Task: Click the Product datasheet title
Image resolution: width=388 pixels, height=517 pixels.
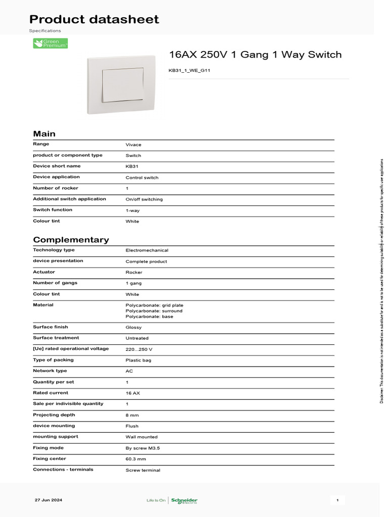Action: coord(94,20)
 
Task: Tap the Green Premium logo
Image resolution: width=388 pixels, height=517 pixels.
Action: coord(51,43)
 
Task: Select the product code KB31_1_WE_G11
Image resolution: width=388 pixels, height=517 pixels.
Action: coord(189,70)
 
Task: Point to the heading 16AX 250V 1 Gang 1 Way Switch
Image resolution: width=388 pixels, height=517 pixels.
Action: coord(255,55)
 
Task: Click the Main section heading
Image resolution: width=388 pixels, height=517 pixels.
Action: coord(44,134)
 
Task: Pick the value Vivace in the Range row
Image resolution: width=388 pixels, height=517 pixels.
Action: coord(133,145)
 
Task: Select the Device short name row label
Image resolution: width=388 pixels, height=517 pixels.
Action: coord(57,166)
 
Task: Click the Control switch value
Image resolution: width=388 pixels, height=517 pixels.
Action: coord(142,178)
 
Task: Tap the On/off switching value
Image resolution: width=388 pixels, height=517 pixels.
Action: coord(144,199)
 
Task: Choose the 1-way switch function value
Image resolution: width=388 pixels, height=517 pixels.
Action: coord(132,211)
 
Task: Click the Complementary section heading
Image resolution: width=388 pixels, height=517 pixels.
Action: coord(71,240)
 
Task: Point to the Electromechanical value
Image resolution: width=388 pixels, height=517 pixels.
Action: coord(147,250)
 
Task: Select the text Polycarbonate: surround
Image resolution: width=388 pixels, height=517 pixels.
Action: coord(154,311)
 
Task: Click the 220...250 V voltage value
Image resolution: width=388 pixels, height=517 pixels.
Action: coord(139,349)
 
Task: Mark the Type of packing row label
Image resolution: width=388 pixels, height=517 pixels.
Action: coord(53,360)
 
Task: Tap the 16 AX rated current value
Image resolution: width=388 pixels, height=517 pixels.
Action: coord(133,393)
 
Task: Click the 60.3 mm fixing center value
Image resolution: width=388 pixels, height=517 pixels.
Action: coord(135,459)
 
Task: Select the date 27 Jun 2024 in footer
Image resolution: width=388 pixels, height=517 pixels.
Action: coord(48,500)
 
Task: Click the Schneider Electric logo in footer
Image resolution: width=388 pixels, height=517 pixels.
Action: coord(184,500)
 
